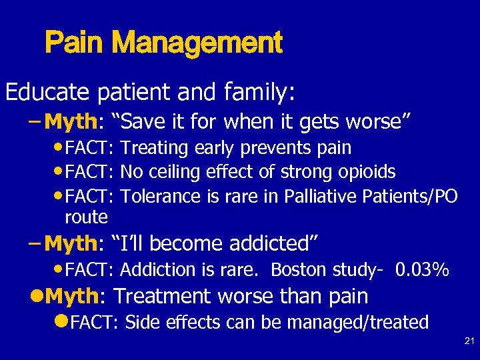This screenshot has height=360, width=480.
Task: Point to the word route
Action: [86, 217]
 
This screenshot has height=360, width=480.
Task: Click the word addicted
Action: [274, 243]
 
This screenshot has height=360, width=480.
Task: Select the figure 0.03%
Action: [422, 270]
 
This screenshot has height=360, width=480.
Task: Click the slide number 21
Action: [469, 342]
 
